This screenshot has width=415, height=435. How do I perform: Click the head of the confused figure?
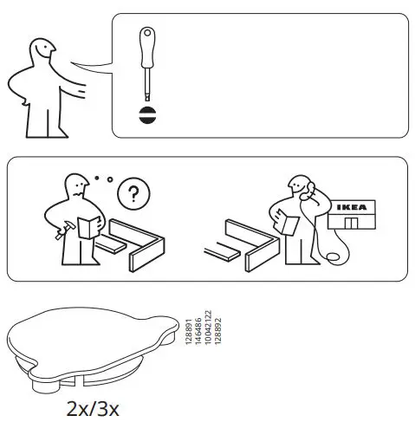pyautogui.click(x=77, y=185)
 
